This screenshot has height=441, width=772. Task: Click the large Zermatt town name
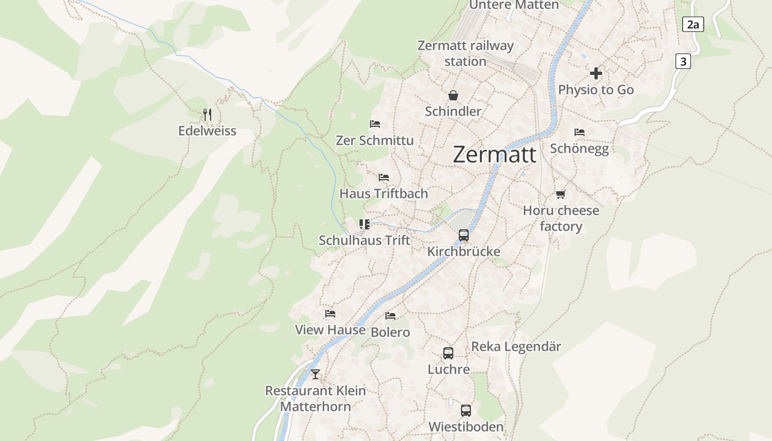pyautogui.click(x=494, y=155)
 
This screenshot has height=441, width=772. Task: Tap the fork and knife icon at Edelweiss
pyautogui.click(x=207, y=115)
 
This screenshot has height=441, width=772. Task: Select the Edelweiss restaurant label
pyautogui.click(x=207, y=131)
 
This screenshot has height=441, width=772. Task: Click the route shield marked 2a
pyautogui.click(x=693, y=24)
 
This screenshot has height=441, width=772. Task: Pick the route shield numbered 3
pyautogui.click(x=683, y=61)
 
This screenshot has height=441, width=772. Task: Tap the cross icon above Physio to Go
pyautogui.click(x=596, y=73)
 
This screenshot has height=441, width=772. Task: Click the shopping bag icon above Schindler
pyautogui.click(x=453, y=95)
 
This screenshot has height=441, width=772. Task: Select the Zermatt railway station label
pyautogui.click(x=465, y=53)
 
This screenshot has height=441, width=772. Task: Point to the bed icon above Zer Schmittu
pyautogui.click(x=375, y=124)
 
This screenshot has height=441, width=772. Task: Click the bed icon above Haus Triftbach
pyautogui.click(x=384, y=178)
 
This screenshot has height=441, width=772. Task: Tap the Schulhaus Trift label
pyautogui.click(x=364, y=240)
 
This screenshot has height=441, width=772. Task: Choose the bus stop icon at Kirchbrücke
pyautogui.click(x=464, y=235)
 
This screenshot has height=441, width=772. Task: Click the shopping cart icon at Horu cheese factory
pyautogui.click(x=561, y=194)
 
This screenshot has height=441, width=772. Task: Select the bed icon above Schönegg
pyautogui.click(x=579, y=132)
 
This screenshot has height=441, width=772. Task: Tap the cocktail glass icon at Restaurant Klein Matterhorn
pyautogui.click(x=315, y=374)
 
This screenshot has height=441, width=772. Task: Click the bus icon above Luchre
pyautogui.click(x=448, y=353)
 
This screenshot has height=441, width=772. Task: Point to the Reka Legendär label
pyautogui.click(x=516, y=347)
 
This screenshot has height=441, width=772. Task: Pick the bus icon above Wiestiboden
pyautogui.click(x=466, y=411)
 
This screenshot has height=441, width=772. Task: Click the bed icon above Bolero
pyautogui.click(x=390, y=316)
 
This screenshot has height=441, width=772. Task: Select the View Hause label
pyautogui.click(x=330, y=330)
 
